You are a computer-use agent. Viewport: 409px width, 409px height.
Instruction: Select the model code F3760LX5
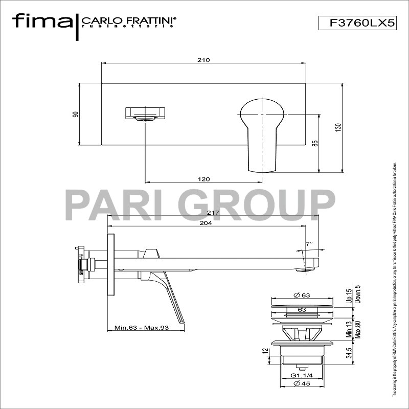(357, 22)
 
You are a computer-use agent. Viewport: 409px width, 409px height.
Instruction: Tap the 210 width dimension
(203, 60)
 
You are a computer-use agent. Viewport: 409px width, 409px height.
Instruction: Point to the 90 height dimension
(76, 114)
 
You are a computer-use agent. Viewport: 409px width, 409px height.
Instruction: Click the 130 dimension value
(337, 126)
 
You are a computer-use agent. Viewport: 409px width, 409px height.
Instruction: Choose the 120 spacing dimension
(203, 179)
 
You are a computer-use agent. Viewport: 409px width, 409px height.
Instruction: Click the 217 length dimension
(213, 213)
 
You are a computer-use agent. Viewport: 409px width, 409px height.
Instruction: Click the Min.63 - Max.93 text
(142, 328)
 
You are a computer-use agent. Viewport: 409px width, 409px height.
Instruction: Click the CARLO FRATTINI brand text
(129, 20)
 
